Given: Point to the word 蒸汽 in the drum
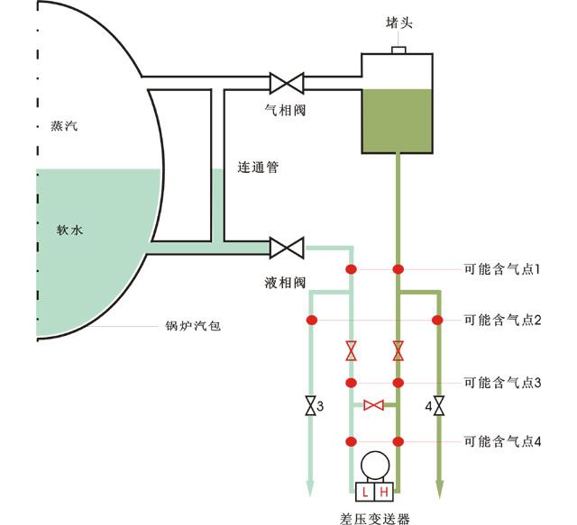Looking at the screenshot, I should click(x=64, y=127).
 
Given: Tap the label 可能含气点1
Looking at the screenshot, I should click(x=502, y=269).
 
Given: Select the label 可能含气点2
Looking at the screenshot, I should click(x=502, y=320).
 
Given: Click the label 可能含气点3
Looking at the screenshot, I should click(x=502, y=383).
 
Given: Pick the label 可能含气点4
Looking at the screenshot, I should click(x=502, y=441).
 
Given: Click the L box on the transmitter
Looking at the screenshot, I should click(x=364, y=492).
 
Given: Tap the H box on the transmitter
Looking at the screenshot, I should click(x=384, y=492).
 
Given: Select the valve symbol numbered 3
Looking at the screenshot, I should click(x=311, y=406).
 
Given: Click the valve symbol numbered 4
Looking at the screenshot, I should click(x=439, y=406).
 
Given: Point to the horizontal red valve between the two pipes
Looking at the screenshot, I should click(x=373, y=406).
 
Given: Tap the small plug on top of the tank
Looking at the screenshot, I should click(x=398, y=49).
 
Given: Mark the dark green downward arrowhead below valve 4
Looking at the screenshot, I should click(x=439, y=489).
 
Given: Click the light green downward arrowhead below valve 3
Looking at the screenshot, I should click(x=311, y=489).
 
